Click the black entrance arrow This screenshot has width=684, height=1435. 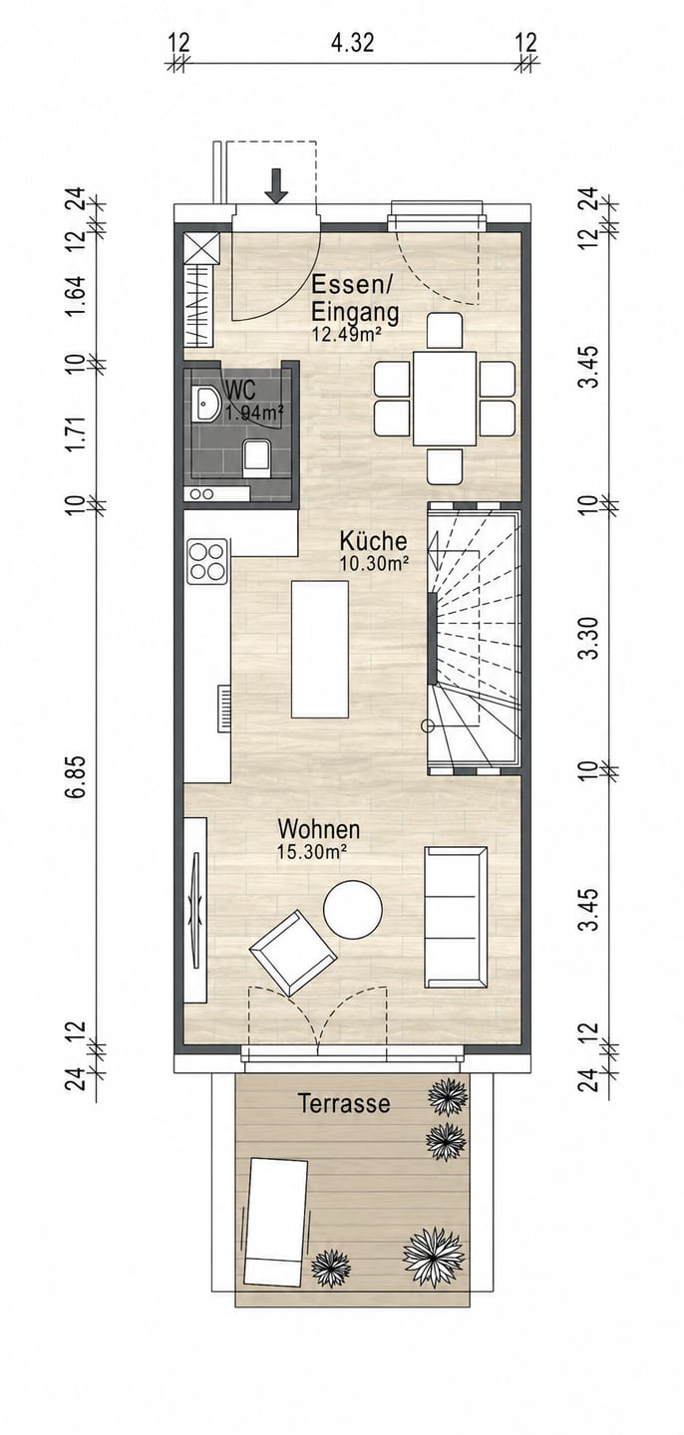click(276, 186)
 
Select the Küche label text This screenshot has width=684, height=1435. click(373, 541)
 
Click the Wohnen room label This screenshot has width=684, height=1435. click(319, 829)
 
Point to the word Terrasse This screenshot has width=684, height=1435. click(344, 1103)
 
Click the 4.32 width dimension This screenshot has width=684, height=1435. click(352, 44)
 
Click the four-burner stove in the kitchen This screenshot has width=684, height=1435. click(207, 561)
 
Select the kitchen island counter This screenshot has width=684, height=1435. click(320, 649)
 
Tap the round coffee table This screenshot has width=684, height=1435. click(353, 909)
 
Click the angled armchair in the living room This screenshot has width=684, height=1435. click(293, 953)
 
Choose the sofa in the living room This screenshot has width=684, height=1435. click(455, 917)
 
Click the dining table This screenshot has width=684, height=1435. click(445, 398)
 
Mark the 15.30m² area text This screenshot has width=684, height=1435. click(312, 851)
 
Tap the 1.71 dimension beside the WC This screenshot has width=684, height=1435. click(78, 433)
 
